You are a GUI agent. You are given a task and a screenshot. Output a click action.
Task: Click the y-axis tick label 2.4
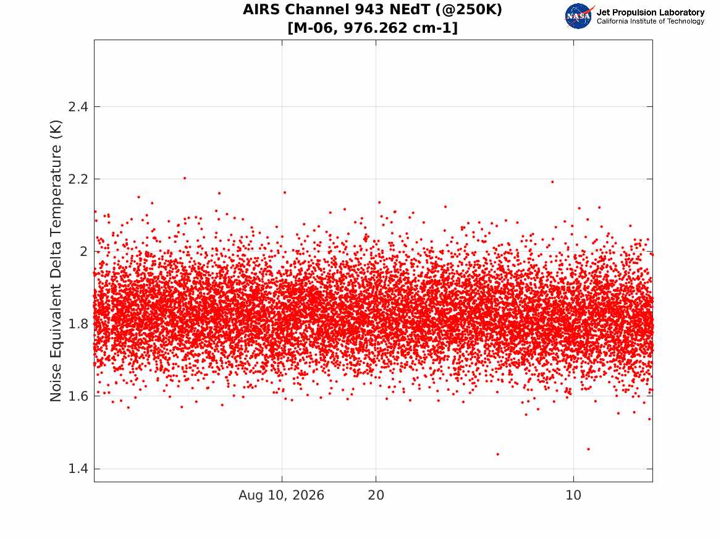[x=78, y=107]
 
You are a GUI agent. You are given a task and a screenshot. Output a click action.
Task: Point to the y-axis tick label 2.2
[x=78, y=179]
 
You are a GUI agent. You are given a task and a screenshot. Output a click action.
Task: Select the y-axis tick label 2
[x=83, y=252]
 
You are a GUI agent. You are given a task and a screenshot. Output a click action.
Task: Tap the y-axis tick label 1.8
[x=78, y=324]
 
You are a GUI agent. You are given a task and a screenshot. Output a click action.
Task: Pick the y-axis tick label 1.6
[x=78, y=396]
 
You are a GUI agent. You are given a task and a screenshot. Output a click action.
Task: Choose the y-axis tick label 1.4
[x=78, y=469]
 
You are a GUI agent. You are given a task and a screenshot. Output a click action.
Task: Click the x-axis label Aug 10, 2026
[x=281, y=495]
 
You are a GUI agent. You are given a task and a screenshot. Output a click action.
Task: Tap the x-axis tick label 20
[x=376, y=495]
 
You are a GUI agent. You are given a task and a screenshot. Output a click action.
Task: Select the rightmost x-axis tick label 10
[x=573, y=495]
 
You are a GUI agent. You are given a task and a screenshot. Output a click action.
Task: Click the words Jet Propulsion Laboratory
[x=650, y=12]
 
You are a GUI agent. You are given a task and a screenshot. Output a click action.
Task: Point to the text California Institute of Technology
[x=650, y=21]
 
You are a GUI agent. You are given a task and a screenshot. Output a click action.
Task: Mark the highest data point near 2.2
[x=185, y=178]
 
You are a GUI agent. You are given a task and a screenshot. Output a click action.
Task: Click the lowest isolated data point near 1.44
[x=497, y=454]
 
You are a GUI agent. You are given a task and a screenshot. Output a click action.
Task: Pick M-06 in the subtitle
[x=315, y=28]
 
